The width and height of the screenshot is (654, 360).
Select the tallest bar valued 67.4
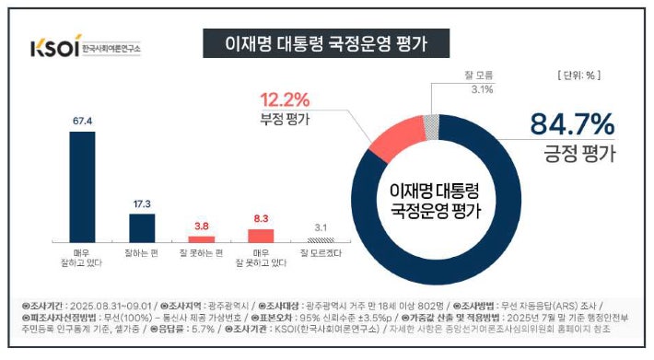pyautogui.click(x=83, y=183)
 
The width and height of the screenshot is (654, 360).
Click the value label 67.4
pyautogui.click(x=83, y=120)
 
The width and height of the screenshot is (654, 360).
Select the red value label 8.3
pyautogui.click(x=260, y=218)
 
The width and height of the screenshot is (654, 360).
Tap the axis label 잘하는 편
pyautogui.click(x=142, y=251)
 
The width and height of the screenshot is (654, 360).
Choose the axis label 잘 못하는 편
pyautogui.click(x=201, y=251)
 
